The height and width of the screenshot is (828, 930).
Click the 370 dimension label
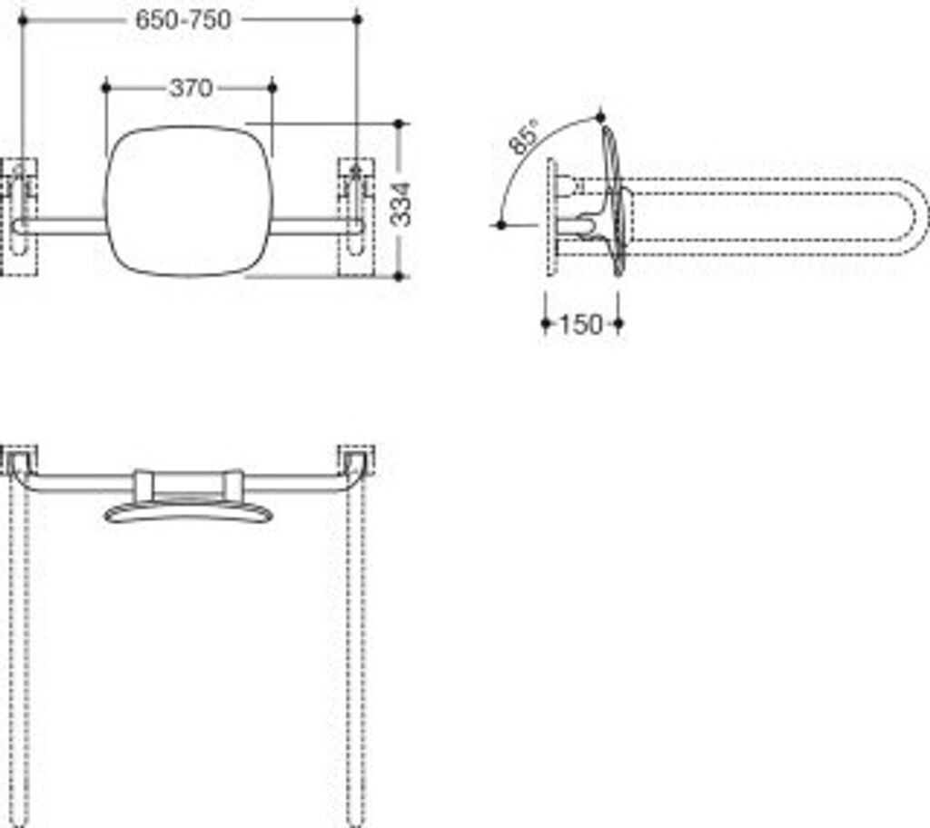[190, 88]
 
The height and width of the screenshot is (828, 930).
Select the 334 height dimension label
[401, 203]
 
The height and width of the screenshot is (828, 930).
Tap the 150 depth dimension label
[580, 324]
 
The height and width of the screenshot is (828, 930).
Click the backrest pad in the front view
[188, 200]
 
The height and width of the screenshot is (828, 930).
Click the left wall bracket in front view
[20, 216]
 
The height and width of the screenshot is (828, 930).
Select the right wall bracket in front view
[356, 216]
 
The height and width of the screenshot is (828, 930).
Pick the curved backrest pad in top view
[188, 512]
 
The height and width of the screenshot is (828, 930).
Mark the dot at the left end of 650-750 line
[22, 19]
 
